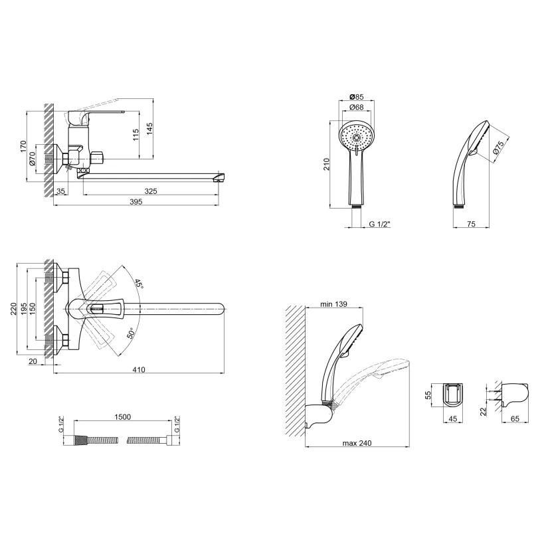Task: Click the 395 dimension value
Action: click(x=136, y=202)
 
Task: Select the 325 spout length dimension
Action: click(x=151, y=191)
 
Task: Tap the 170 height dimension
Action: click(x=23, y=146)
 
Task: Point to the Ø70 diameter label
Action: click(x=33, y=159)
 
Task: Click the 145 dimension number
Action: click(x=149, y=129)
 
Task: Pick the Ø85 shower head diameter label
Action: click(x=357, y=97)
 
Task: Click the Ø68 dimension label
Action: click(x=357, y=107)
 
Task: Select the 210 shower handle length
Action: click(x=327, y=164)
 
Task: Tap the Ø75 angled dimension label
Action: click(x=498, y=147)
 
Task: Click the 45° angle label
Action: click(x=138, y=284)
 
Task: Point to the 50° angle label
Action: click(x=131, y=333)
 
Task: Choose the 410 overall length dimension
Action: click(x=138, y=369)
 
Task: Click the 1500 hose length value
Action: click(x=123, y=417)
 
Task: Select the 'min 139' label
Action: click(x=333, y=304)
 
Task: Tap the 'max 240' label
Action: click(x=357, y=443)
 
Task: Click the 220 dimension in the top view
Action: click(x=13, y=309)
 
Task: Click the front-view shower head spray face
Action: click(x=357, y=137)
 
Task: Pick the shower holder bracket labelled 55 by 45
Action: click(x=453, y=395)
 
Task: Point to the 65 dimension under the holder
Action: click(x=515, y=418)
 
